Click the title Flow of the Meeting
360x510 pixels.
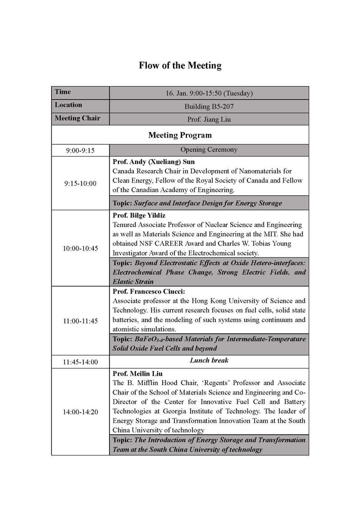click(180, 66)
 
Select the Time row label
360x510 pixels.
click(63, 92)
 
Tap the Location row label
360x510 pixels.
click(68, 105)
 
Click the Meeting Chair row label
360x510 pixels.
click(77, 119)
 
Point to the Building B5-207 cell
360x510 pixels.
click(209, 106)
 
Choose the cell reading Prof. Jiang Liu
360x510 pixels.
click(209, 120)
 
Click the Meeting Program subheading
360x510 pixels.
click(180, 135)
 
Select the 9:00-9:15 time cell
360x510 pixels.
click(80, 151)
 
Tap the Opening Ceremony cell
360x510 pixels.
click(209, 150)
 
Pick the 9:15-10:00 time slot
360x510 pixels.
click(80, 184)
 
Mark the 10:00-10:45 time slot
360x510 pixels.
click(80, 248)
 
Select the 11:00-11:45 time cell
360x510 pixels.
click(80, 321)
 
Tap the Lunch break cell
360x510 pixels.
click(209, 361)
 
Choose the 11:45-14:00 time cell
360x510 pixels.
click(80, 362)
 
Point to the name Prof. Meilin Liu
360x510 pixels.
click(137, 374)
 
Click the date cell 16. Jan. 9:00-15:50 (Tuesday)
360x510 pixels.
click(209, 93)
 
